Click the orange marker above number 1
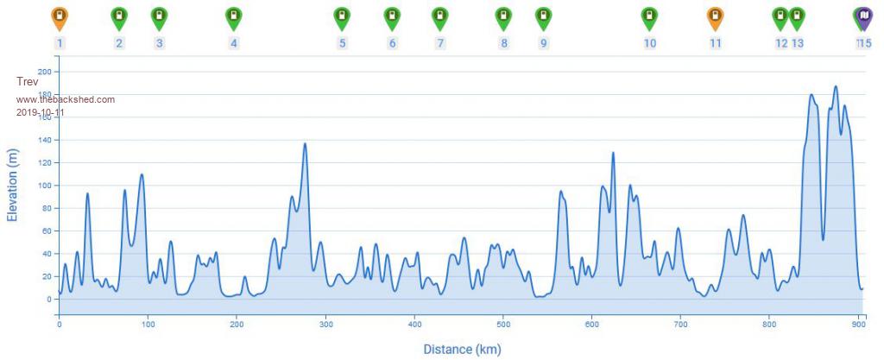(x=59, y=16)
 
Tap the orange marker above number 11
(x=715, y=16)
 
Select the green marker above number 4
(x=233, y=16)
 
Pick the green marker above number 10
(x=649, y=16)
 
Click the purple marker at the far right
(x=862, y=16)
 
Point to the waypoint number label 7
(x=440, y=43)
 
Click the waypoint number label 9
(x=543, y=43)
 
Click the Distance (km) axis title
(x=462, y=349)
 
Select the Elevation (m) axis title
(x=13, y=186)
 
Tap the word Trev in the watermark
(x=28, y=81)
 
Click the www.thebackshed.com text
(x=66, y=99)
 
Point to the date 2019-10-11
(x=41, y=112)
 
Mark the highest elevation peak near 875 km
(x=835, y=86)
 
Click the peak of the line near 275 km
(x=305, y=143)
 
